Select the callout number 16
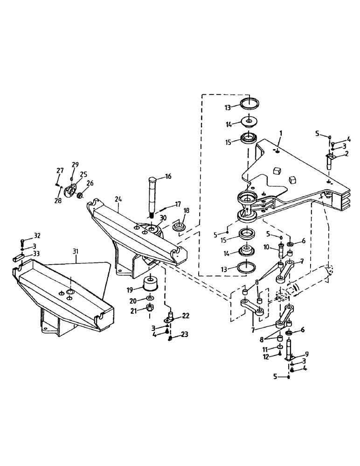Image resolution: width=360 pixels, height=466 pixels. pyautogui.click(x=168, y=176)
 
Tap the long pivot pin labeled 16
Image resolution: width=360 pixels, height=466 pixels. pyautogui.click(x=152, y=196)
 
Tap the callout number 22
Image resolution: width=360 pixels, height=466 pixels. pyautogui.click(x=186, y=316)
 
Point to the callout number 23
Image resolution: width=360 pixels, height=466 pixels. pyautogui.click(x=185, y=334)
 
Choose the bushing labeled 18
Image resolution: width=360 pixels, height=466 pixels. pyautogui.click(x=178, y=227)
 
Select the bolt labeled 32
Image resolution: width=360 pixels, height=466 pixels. pyautogui.click(x=22, y=242)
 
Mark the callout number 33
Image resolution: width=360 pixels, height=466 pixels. pyautogui.click(x=36, y=254)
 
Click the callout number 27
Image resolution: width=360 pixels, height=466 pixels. pyautogui.click(x=60, y=171)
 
